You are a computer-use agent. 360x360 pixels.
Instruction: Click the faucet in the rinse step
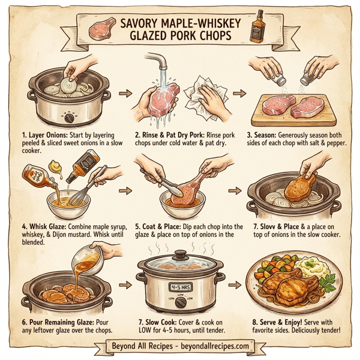(158, 62)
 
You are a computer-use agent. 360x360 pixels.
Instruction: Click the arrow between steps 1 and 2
(125, 94)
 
